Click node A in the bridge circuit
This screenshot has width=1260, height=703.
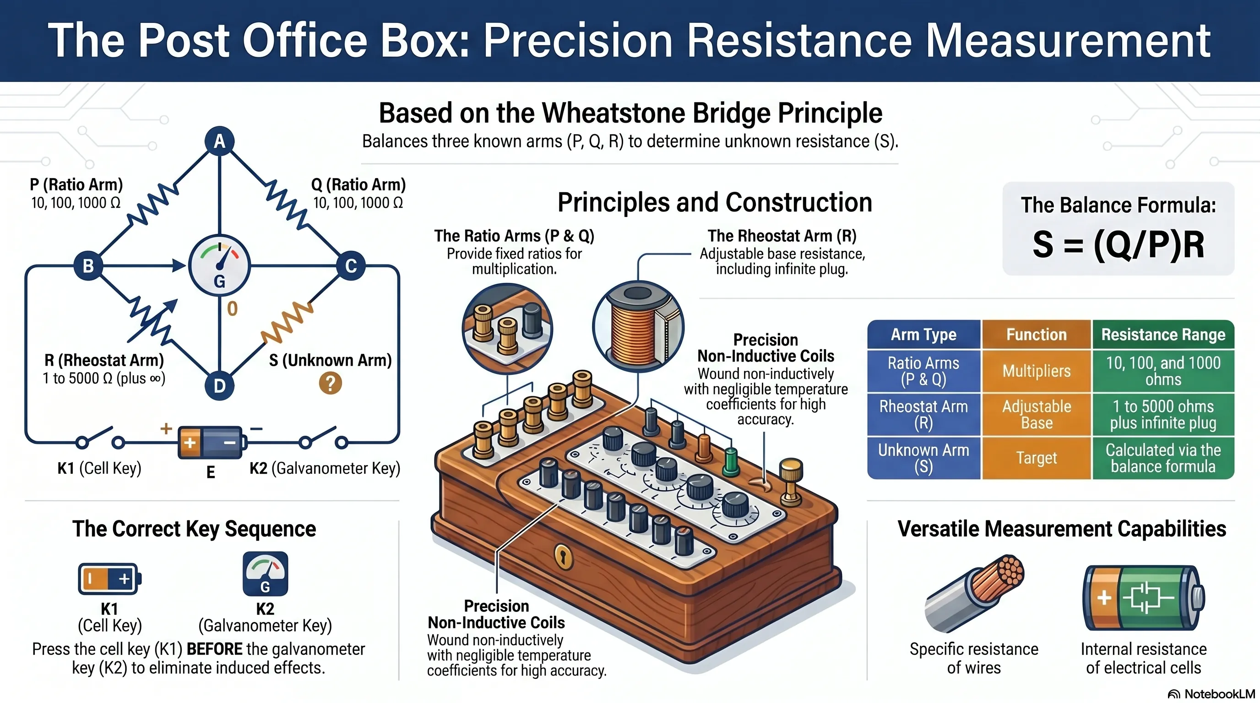[x=219, y=141]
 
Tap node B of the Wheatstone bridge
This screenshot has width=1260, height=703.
[x=88, y=266]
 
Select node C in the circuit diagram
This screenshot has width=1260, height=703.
[x=351, y=266]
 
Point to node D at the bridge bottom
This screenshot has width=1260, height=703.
[x=219, y=386]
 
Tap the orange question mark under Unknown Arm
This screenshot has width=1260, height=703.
[x=330, y=383]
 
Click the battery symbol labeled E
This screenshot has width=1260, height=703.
[x=210, y=443]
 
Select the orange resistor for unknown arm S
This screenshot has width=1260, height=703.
[x=287, y=322]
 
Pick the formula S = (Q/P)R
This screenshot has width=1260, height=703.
[x=1118, y=244]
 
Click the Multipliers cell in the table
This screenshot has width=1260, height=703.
[x=1037, y=371]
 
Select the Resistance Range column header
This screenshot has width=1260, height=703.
[x=1163, y=335]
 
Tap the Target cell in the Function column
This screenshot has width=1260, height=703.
[x=1037, y=458]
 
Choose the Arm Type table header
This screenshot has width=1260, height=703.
[x=923, y=335]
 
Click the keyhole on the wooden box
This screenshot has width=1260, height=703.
[x=564, y=557]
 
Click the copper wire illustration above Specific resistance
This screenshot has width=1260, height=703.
[x=974, y=593]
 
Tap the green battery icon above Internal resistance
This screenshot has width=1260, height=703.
[x=1144, y=597]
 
